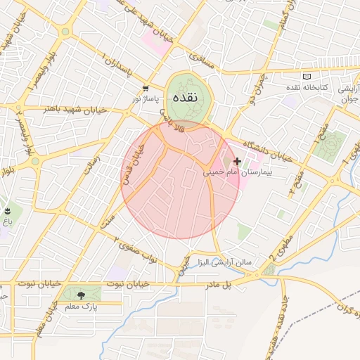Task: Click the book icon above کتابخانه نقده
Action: (306, 76)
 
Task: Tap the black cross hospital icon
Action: (237, 162)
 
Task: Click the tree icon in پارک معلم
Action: (82, 296)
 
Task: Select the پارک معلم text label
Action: (83, 307)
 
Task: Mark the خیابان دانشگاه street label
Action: (276, 145)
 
